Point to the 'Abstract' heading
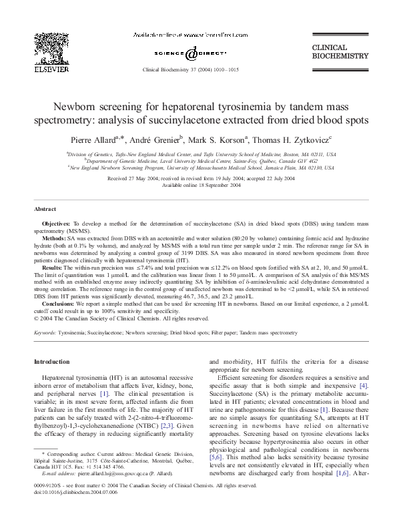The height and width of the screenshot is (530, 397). click(x=45, y=190)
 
